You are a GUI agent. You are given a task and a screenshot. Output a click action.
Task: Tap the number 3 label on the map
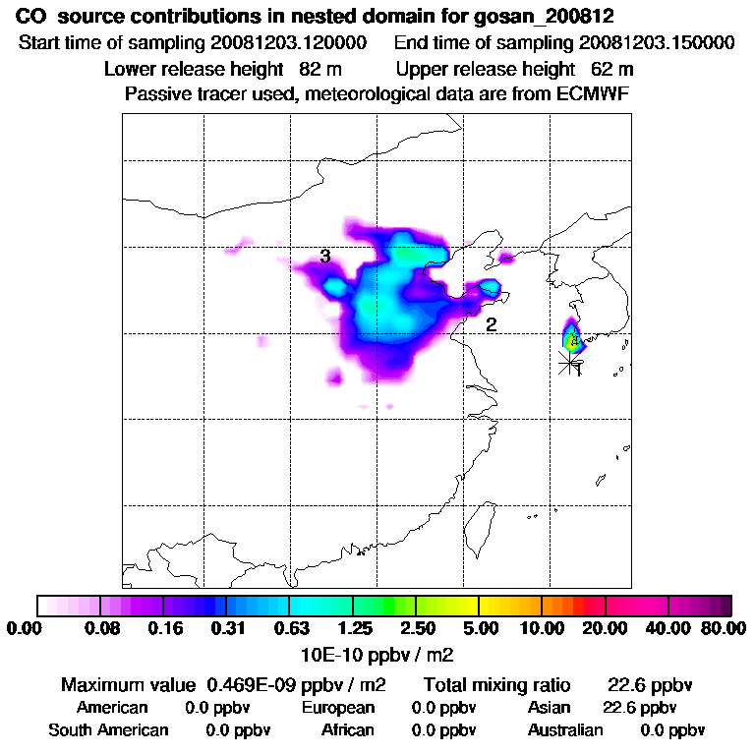[x=324, y=258]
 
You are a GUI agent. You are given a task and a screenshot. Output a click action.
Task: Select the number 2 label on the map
[x=491, y=324]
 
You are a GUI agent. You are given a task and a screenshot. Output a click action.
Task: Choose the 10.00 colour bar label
[x=542, y=628]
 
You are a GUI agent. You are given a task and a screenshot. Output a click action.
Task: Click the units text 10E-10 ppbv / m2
[x=377, y=653]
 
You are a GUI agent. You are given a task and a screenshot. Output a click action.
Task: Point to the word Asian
[x=551, y=708]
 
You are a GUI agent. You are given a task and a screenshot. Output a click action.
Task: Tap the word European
[x=338, y=708]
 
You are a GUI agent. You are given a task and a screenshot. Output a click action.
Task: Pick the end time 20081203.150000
[x=656, y=43]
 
